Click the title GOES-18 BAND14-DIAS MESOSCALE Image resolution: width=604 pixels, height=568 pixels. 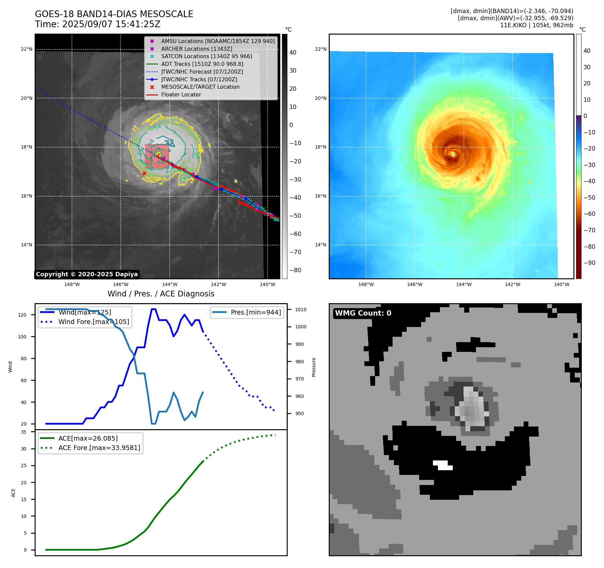(114, 14)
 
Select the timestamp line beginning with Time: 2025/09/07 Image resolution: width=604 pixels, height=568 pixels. (97, 24)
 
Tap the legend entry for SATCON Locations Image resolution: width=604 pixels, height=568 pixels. (206, 56)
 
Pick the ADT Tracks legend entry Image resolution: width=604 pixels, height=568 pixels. (202, 64)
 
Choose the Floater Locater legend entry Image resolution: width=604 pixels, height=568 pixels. (181, 95)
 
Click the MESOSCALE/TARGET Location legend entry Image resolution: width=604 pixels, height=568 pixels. (200, 87)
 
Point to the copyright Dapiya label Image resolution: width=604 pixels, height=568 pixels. (87, 274)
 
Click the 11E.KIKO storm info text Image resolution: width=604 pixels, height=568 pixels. (536, 25)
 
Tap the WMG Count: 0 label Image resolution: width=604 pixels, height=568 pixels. (363, 313)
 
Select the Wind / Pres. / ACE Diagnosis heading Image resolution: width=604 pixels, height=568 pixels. (161, 294)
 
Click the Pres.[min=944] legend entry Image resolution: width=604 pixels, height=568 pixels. (255, 312)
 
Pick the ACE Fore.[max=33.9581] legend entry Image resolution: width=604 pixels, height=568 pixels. (99, 448)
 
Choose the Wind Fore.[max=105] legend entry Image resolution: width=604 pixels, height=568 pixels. (93, 322)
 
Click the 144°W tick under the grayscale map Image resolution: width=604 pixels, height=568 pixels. (169, 284)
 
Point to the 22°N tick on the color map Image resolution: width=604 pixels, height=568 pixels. (320, 49)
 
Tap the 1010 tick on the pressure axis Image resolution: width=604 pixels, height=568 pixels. (301, 310)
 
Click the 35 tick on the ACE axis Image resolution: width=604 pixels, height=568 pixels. (24, 432)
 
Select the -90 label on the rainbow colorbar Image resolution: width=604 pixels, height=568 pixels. (589, 263)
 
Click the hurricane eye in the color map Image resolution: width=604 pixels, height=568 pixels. (453, 154)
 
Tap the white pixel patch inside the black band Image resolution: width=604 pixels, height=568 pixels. (443, 465)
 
